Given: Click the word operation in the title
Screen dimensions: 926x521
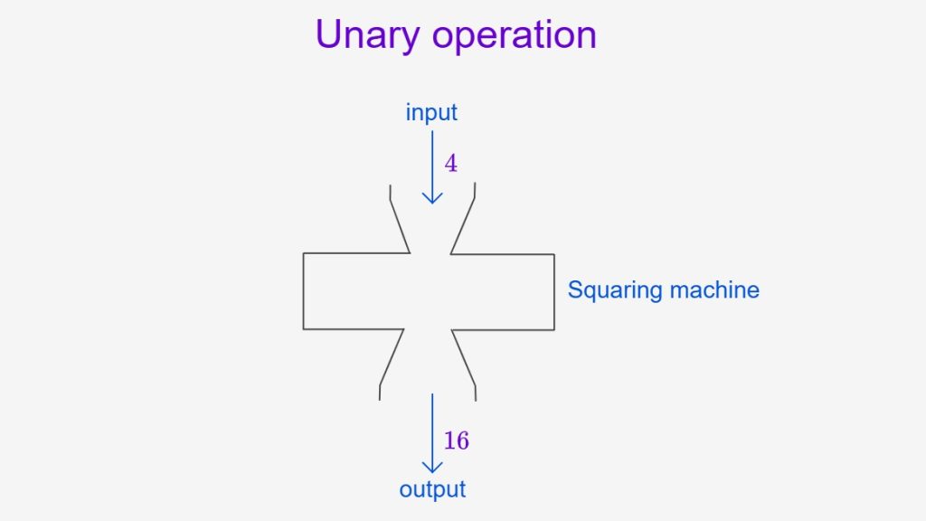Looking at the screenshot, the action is [515, 36].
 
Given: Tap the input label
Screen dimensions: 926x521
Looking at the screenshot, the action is [431, 112].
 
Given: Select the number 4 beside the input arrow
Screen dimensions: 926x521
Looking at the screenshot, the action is [450, 163].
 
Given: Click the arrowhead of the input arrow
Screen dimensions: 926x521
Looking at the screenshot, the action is [432, 198].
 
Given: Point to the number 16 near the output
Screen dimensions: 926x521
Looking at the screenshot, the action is [456, 440].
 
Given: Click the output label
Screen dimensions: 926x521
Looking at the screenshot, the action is [432, 489].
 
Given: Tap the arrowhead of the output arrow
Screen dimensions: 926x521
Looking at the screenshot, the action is [432, 467].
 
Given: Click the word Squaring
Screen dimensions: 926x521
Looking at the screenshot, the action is [615, 290].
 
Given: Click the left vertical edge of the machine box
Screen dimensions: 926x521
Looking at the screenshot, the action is [304, 291].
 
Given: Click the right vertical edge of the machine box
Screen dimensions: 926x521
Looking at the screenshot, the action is [554, 292].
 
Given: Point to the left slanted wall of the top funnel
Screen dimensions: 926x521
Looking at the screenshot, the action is [400, 226].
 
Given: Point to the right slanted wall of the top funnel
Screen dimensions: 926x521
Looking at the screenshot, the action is [462, 226].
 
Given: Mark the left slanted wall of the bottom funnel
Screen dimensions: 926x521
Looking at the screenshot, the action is [392, 357].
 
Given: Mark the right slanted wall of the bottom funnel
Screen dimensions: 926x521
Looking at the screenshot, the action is [464, 358].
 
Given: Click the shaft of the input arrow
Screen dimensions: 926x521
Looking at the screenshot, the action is [432, 167].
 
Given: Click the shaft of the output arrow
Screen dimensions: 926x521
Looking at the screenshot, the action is [432, 433].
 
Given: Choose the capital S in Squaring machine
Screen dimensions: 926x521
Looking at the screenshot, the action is [574, 289].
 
